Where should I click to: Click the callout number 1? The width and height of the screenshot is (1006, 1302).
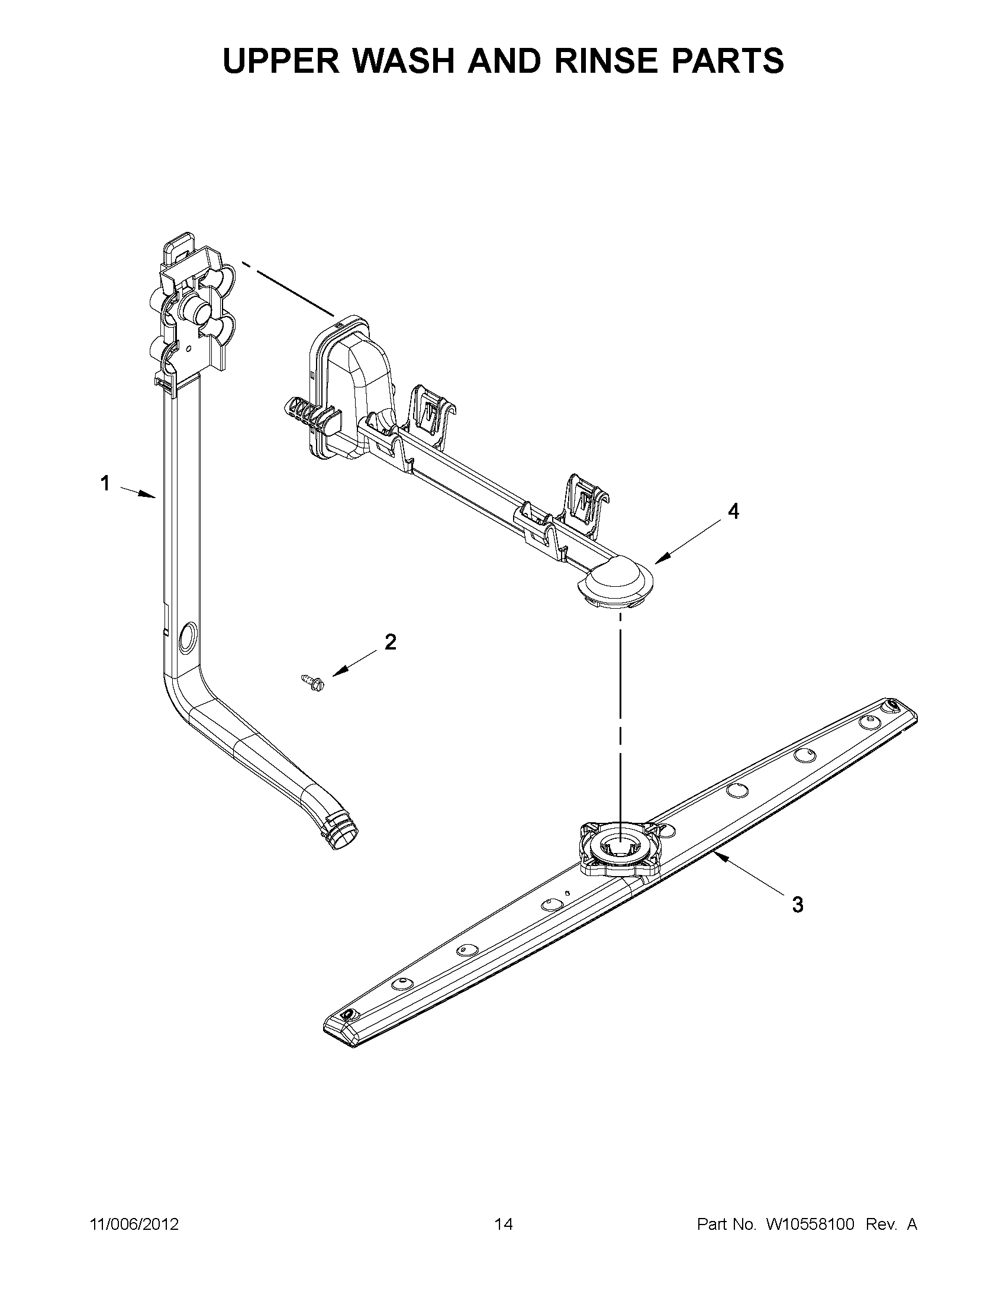coord(105,483)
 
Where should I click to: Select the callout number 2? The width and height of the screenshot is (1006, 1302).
coord(391,642)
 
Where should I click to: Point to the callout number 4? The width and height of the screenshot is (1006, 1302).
coord(733,511)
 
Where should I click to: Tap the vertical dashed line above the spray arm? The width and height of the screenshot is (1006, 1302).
coord(620,715)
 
